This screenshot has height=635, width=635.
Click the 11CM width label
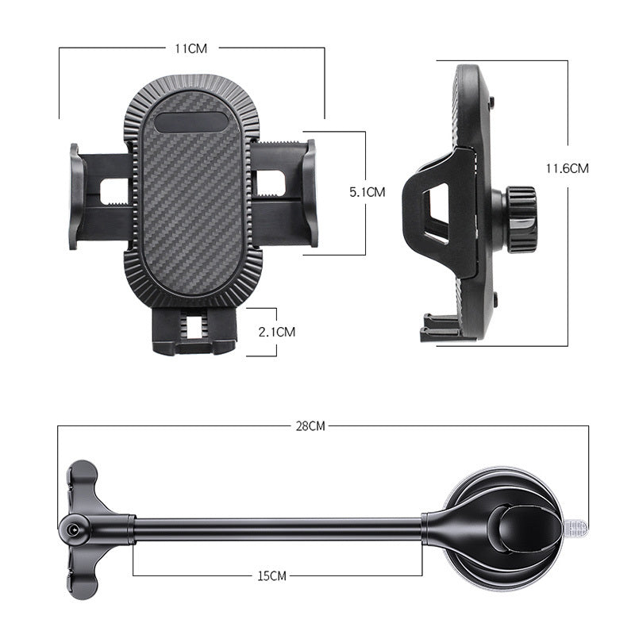point(191,48)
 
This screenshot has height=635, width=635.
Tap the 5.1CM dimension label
point(367,192)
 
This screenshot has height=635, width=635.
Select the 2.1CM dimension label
point(277,332)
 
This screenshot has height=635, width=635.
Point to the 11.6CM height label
point(568,168)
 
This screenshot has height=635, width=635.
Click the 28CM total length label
point(310,426)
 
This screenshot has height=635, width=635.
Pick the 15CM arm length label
point(272,575)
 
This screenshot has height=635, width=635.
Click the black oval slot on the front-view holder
point(190,122)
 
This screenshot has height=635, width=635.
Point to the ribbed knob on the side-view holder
point(521,220)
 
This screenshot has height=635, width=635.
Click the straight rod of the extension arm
point(278,527)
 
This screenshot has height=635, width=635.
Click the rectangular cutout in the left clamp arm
point(114,190)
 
